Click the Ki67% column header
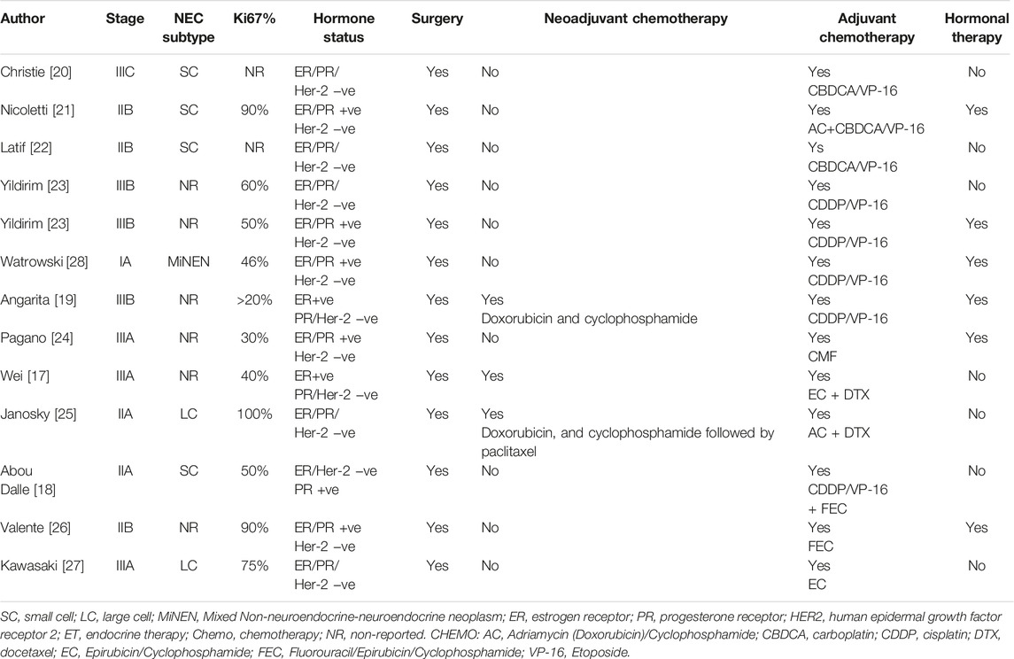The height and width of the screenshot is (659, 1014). point(254,19)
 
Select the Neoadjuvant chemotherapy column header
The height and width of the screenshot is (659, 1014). point(636,19)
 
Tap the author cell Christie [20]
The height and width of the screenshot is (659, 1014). point(35,72)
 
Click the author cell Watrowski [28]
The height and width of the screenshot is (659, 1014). point(44,262)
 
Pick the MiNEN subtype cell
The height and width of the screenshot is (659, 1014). point(188,262)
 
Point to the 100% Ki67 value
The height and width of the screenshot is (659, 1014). point(255,414)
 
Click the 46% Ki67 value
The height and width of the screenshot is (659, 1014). point(255,262)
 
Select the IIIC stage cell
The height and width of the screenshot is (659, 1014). point(125,72)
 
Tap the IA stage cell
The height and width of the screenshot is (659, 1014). point(125,262)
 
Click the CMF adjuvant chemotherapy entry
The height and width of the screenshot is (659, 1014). point(822,356)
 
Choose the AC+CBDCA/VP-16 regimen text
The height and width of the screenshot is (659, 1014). point(866,128)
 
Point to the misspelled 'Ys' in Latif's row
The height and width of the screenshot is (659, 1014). point(816,147)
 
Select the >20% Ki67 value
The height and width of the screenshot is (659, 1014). point(255,300)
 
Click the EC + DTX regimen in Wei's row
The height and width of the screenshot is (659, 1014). point(839,394)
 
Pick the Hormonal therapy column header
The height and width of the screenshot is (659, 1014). point(977,27)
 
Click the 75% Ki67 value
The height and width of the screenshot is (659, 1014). point(255,566)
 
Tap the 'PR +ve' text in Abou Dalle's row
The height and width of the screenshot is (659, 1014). point(316,490)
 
